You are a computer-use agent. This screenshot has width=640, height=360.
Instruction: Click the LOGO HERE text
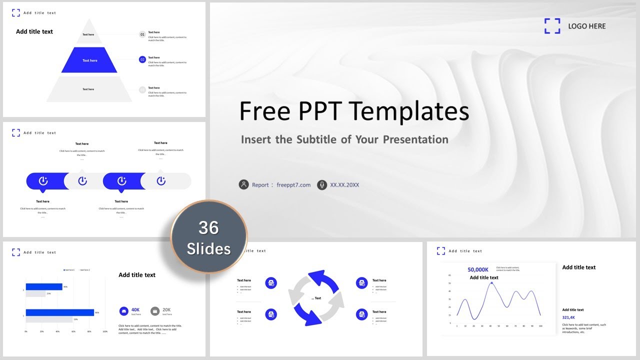tap(586, 26)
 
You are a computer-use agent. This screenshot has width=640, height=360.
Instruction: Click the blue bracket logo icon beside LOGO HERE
tap(552, 26)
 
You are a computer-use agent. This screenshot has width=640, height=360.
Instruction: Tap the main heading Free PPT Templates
tap(354, 111)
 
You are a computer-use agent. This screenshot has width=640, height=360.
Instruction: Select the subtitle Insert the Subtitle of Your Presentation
tap(344, 139)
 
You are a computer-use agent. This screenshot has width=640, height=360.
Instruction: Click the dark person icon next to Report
tap(243, 184)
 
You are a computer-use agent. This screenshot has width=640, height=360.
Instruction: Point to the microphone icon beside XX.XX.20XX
tap(322, 184)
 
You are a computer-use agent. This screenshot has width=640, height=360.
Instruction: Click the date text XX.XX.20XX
tap(344, 185)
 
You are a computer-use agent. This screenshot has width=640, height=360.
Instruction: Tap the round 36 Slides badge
tap(209, 237)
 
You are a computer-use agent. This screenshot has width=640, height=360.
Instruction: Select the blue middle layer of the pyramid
tap(89, 60)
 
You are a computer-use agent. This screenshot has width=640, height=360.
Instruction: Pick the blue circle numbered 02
tap(142, 59)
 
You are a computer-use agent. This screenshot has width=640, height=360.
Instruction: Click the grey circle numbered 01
tap(142, 34)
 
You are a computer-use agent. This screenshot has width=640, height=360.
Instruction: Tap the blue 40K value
tap(135, 309)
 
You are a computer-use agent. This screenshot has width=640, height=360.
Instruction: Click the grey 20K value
tap(166, 309)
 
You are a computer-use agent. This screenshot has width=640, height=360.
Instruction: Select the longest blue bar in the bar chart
tap(59, 312)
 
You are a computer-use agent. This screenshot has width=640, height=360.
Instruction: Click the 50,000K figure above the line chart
tap(478, 269)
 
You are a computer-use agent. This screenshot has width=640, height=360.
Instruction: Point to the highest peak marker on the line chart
tap(491, 283)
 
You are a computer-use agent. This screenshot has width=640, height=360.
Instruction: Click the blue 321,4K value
tap(568, 317)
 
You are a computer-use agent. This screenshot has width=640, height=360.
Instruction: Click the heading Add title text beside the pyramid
tap(34, 31)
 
